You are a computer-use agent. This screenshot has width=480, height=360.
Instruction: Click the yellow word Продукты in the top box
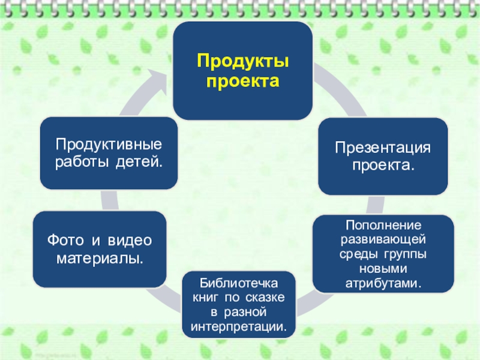click(242, 61)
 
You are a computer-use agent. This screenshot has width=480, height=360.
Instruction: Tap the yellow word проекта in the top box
click(242, 80)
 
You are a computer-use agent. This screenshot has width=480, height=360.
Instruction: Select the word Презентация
click(383, 147)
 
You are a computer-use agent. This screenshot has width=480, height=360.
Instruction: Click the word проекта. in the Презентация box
click(383, 164)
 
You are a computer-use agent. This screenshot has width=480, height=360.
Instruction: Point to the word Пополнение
click(382, 225)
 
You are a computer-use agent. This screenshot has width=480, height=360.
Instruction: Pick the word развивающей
click(382, 239)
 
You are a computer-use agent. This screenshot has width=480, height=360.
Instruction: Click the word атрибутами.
click(382, 281)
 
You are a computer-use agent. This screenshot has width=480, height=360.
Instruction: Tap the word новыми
click(382, 268)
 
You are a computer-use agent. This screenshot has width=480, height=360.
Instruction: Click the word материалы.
click(100, 259)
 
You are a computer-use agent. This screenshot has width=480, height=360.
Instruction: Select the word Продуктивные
click(109, 145)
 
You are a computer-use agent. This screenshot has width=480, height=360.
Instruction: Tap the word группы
click(406, 253)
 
